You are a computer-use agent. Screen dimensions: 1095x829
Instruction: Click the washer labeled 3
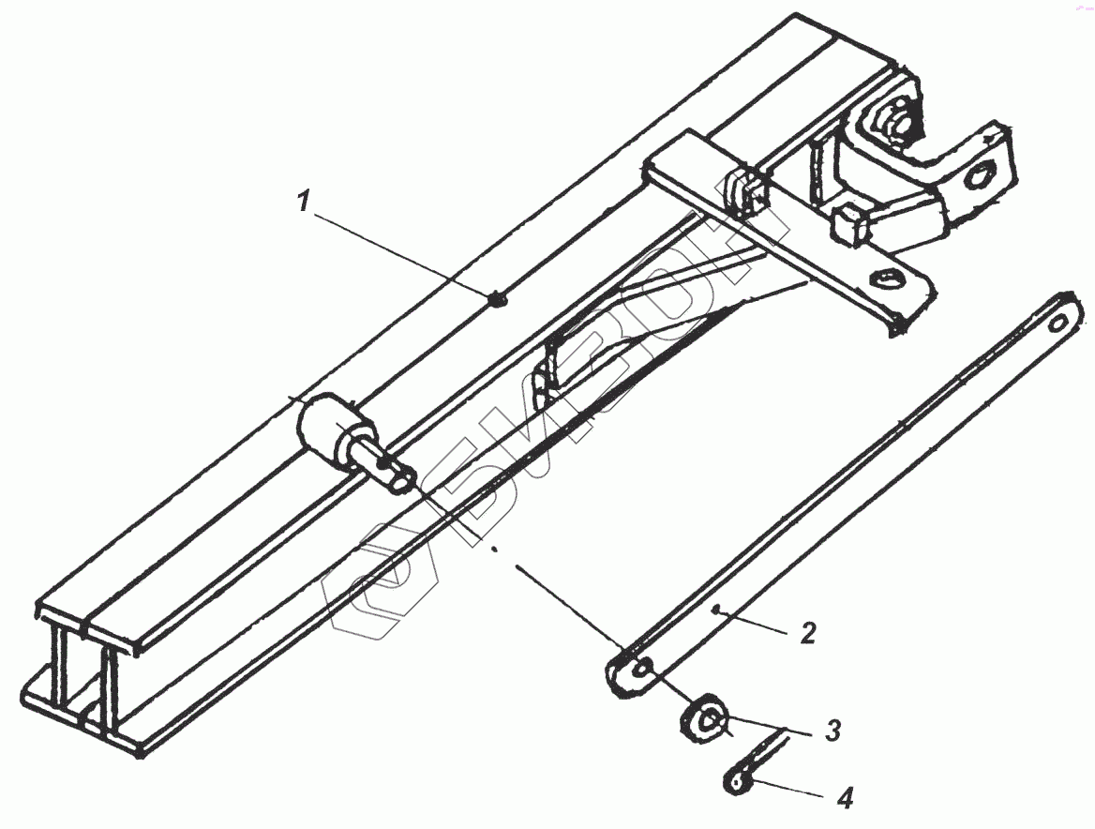tap(703, 721)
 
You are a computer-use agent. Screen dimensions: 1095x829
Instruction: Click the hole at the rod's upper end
tap(1058, 322)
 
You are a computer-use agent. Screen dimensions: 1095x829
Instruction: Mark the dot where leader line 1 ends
tap(498, 300)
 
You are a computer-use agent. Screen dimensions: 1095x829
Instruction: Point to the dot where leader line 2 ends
tap(715, 610)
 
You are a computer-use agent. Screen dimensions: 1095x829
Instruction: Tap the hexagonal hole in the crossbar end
tap(886, 279)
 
